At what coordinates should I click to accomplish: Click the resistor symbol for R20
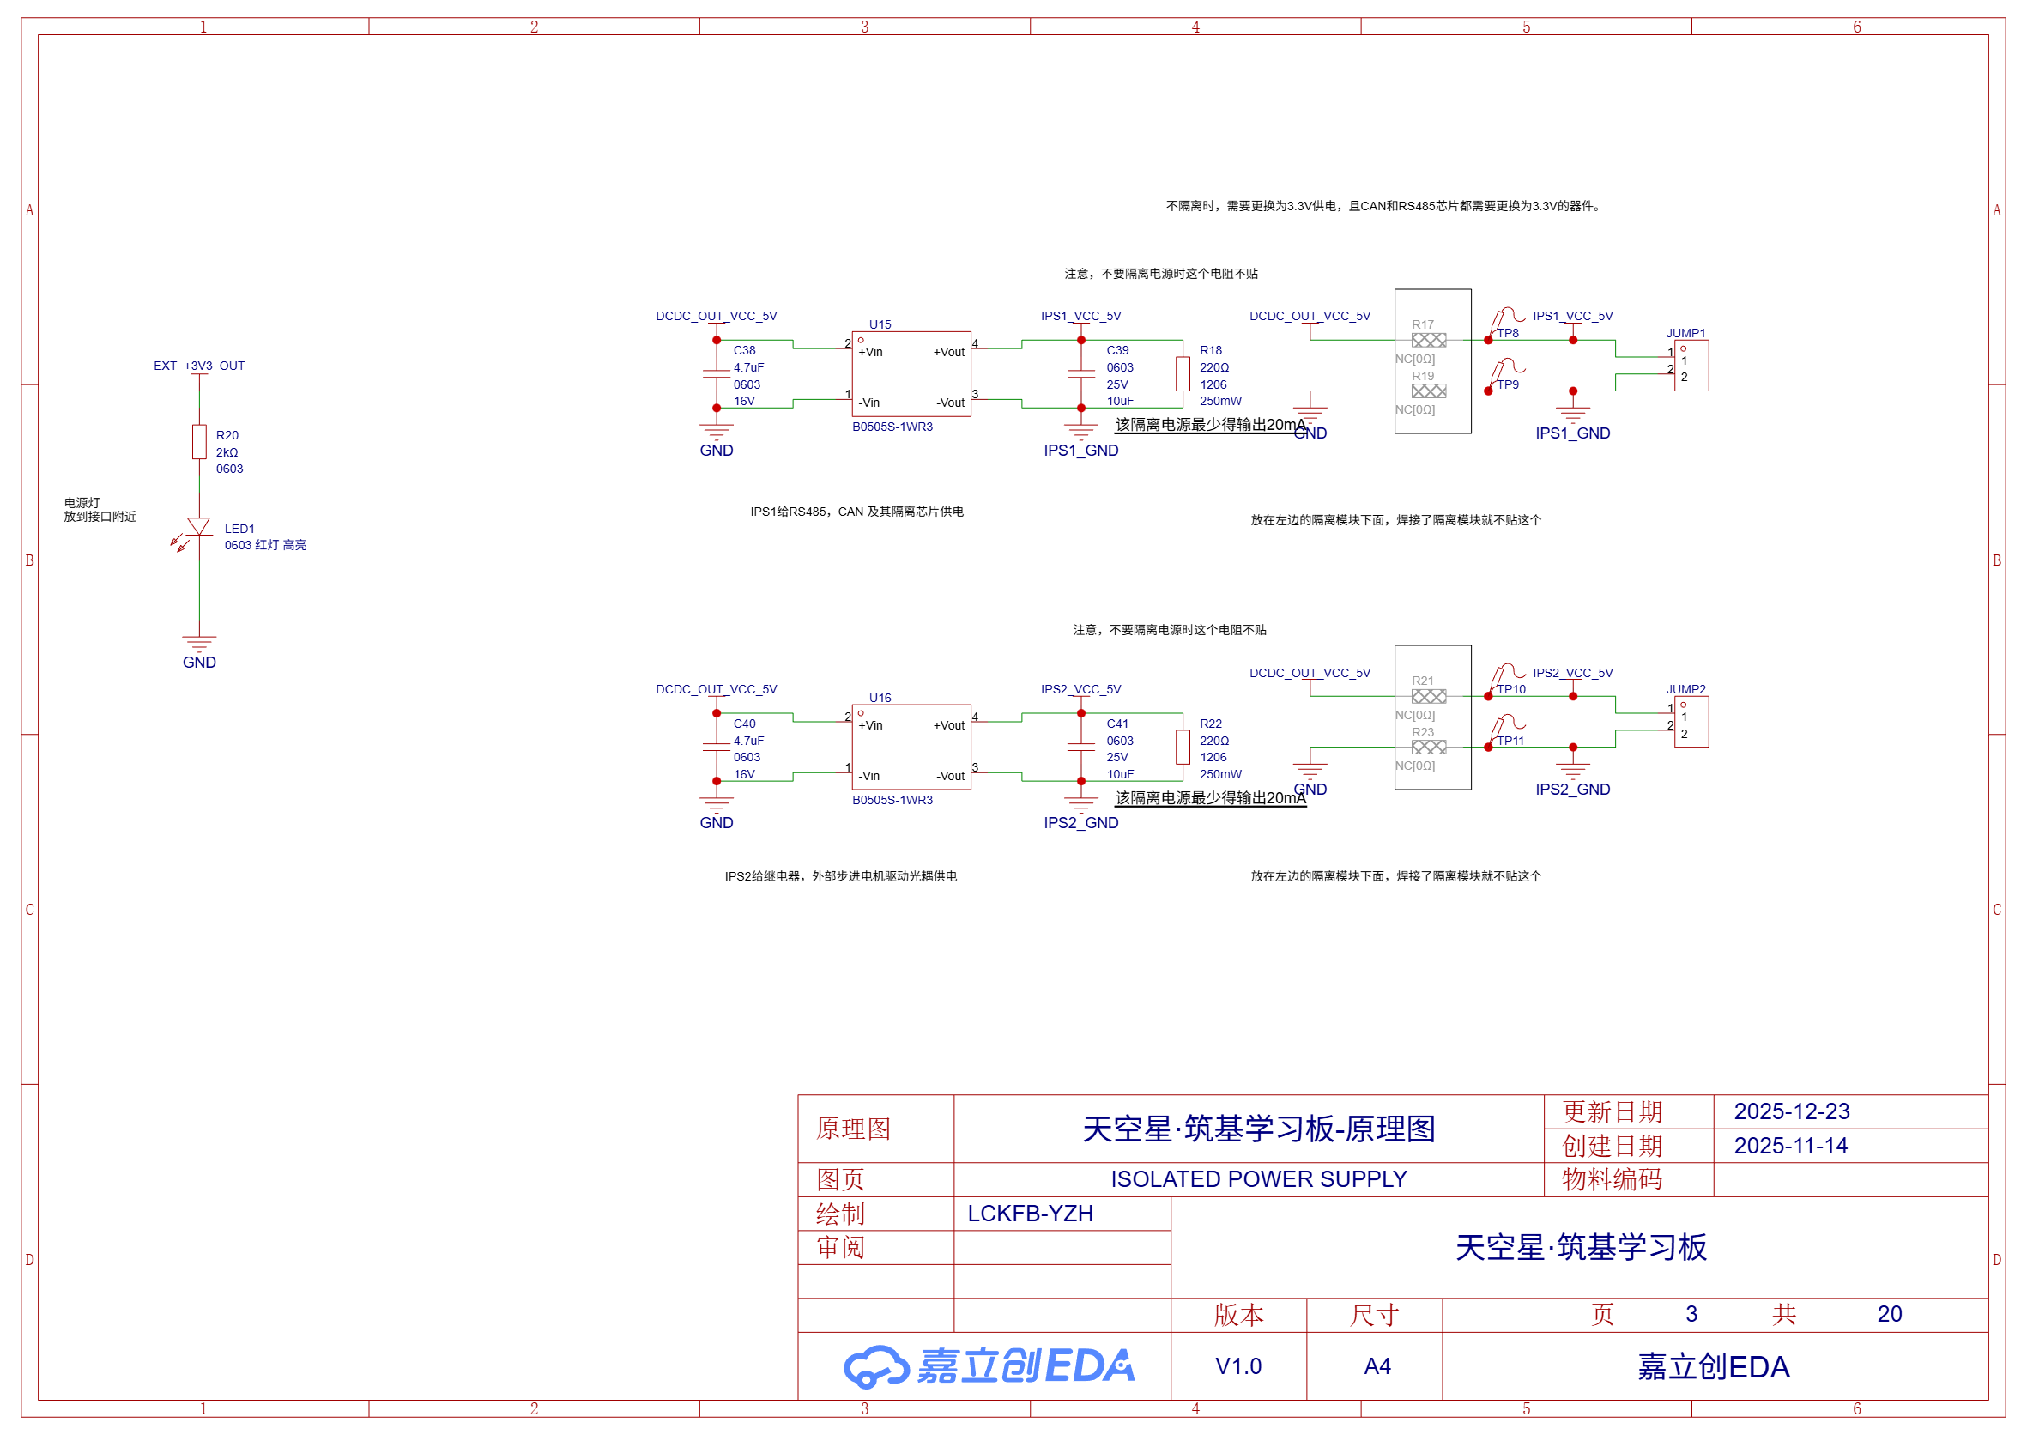pos(200,442)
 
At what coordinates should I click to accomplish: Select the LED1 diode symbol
pos(200,528)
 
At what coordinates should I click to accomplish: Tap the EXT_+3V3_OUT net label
pos(199,366)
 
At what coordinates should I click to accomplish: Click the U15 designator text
pos(880,324)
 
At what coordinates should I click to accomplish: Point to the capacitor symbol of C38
pos(717,374)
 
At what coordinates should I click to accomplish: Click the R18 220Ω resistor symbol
pos(1183,374)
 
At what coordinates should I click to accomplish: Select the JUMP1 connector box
pos(1691,366)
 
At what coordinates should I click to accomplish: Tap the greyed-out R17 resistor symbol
pos(1429,340)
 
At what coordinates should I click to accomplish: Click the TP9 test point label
pos(1508,384)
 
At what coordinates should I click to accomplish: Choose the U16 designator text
pos(880,698)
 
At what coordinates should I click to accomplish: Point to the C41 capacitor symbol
pos(1080,747)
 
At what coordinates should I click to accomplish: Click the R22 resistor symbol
pos(1183,747)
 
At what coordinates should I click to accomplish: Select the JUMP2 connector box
pos(1691,722)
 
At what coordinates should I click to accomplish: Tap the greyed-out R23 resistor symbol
pos(1429,748)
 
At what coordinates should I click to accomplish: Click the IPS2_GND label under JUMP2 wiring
pos(1572,790)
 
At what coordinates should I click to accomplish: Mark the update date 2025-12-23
pos(1791,1111)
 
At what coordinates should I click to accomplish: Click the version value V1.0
pos(1238,1367)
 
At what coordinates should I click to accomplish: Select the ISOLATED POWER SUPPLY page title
pos(1258,1179)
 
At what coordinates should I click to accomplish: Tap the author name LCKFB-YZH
pos(1031,1214)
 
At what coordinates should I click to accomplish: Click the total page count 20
pos(1889,1315)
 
